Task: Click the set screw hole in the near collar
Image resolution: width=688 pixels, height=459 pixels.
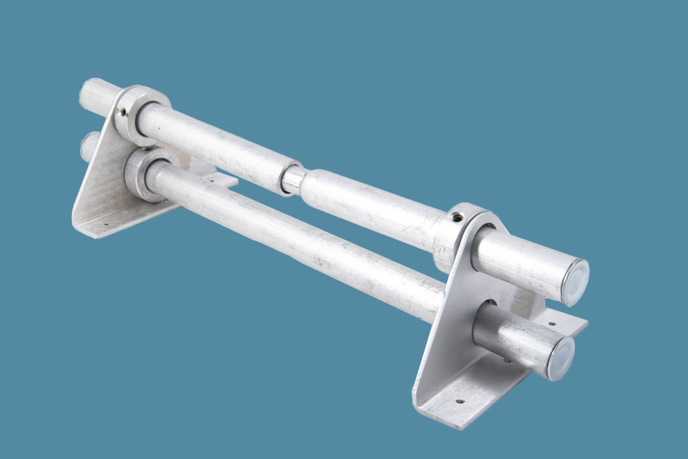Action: pyautogui.click(x=457, y=217)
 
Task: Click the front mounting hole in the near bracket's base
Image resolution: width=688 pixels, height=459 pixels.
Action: pyautogui.click(x=460, y=401)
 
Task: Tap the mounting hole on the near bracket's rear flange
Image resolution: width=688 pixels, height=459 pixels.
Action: pyautogui.click(x=552, y=324)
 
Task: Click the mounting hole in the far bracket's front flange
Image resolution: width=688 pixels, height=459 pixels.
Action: pyautogui.click(x=106, y=224)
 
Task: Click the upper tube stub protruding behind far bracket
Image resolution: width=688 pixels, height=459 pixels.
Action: pyautogui.click(x=97, y=94)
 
